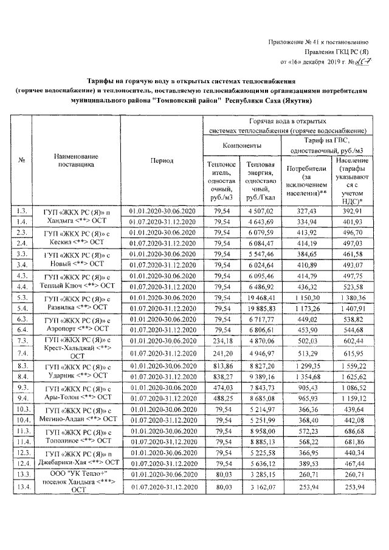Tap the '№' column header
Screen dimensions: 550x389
(x=22, y=160)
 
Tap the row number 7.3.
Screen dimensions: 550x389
(x=23, y=341)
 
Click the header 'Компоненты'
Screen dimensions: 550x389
(x=242, y=146)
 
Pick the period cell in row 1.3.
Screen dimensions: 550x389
(x=161, y=210)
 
